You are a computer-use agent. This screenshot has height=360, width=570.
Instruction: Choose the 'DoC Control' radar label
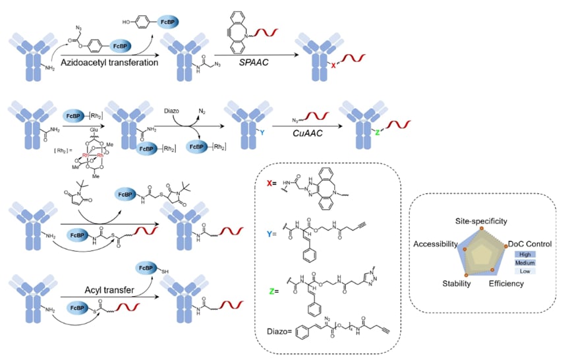(530, 244)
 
